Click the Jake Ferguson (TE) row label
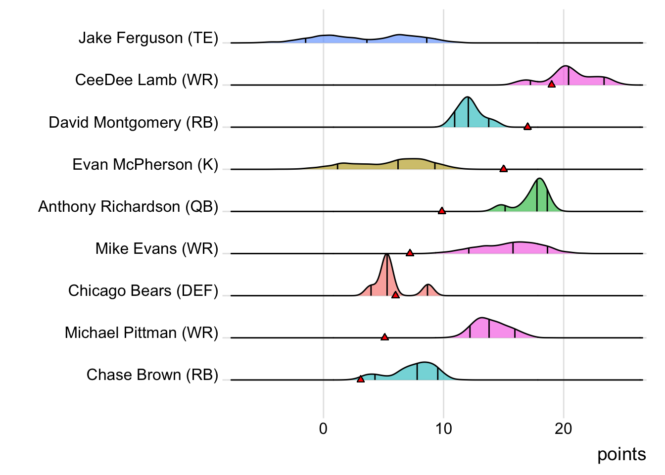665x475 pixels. [148, 38]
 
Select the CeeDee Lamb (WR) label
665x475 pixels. [146, 80]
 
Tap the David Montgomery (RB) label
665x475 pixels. [133, 122]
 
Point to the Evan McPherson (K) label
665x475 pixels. [145, 164]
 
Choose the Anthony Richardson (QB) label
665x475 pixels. [128, 206]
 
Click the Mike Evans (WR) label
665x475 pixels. [156, 248]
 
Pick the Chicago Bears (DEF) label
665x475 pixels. [143, 290]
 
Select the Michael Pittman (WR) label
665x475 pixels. [141, 332]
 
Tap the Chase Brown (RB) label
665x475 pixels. [152, 375]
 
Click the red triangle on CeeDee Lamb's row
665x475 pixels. [551, 85]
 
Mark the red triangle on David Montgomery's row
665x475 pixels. [527, 127]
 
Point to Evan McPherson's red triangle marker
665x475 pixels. [503, 169]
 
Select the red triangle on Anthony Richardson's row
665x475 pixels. [442, 211]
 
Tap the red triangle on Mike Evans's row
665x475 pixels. [410, 253]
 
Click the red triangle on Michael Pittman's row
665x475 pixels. [384, 337]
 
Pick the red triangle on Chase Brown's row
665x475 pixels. [361, 379]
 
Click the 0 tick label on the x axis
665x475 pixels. [323, 428]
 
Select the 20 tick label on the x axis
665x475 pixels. [563, 428]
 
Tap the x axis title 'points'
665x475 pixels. [621, 454]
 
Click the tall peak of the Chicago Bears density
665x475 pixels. [387, 255]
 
